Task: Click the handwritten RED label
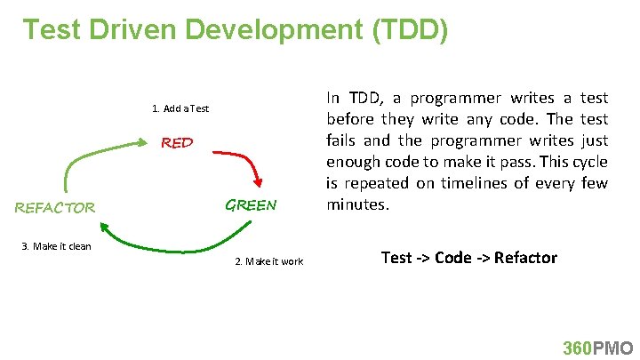coord(177,142)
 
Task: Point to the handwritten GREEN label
coord(251,204)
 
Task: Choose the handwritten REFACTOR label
coord(54,208)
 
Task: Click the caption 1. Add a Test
coord(180,108)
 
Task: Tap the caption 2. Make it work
coord(268,261)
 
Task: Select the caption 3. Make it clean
coord(56,246)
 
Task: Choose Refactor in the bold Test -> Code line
coord(525,258)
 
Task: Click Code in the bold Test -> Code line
coord(452,258)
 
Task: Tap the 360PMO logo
coord(598,348)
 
